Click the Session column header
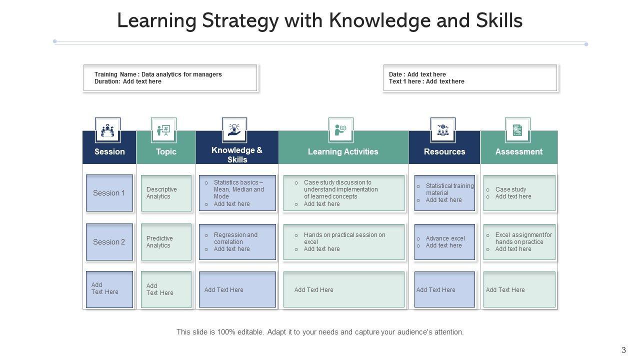[109, 151]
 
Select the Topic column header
[166, 151]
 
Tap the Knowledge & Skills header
[237, 154]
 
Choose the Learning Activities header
[343, 151]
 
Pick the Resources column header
[444, 151]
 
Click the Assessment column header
[518, 151]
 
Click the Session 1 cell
[109, 193]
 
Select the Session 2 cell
[109, 242]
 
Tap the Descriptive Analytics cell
[166, 193]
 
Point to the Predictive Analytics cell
[166, 242]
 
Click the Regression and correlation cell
[237, 242]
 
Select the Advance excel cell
[444, 242]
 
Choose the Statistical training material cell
[444, 193]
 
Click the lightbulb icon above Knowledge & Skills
[234, 130]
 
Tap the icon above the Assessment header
[517, 130]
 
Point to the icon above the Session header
[107, 130]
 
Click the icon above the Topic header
[163, 130]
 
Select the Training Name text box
[170, 78]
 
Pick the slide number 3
[623, 350]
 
